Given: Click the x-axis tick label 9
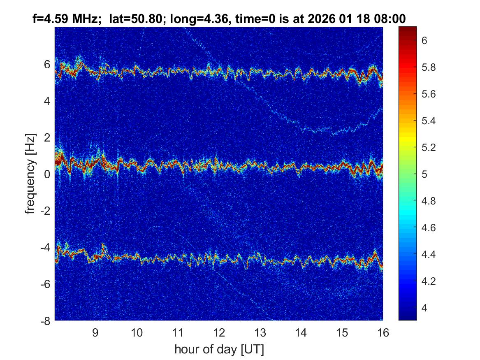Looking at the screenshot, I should pyautogui.click(x=95, y=332).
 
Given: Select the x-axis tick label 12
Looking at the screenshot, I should pyautogui.click(x=218, y=332).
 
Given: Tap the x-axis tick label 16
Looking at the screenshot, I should pyautogui.click(x=383, y=332).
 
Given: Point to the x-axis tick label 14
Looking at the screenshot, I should pyautogui.click(x=301, y=332).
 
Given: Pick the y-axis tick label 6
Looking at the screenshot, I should pyautogui.click(x=47, y=64).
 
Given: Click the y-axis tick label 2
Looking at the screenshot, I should pyautogui.click(x=47, y=137).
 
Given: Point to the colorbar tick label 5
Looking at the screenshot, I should pyautogui.click(x=426, y=174).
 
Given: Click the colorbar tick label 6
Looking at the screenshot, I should pyautogui.click(x=426, y=40).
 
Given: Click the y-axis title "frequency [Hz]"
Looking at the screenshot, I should pyautogui.click(x=30, y=174).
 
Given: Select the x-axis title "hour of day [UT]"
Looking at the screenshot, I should pyautogui.click(x=219, y=350).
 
